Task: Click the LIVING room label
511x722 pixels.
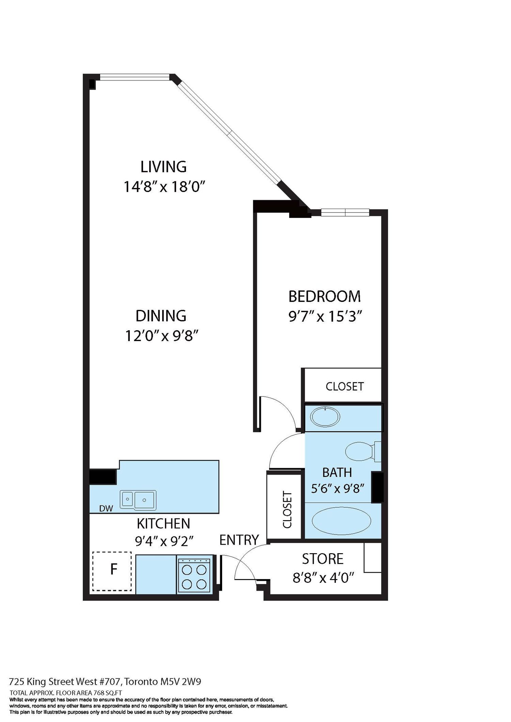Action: [x=164, y=167]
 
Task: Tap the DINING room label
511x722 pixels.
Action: [x=161, y=316]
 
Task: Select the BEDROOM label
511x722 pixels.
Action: [x=324, y=296]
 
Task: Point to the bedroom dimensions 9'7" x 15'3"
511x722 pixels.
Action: [x=325, y=317]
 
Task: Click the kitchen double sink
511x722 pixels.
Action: [x=138, y=500]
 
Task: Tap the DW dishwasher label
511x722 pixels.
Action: [x=106, y=509]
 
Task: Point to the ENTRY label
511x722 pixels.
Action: [x=239, y=540]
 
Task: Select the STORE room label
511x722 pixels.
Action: [x=323, y=559]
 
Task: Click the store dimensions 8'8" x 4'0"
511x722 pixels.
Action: [x=324, y=578]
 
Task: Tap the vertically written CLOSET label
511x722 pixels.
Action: [x=287, y=510]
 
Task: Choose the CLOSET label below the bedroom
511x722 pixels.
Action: [x=345, y=386]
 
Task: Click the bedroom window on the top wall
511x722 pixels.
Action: [x=345, y=212]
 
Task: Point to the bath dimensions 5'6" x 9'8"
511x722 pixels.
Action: [x=338, y=489]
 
